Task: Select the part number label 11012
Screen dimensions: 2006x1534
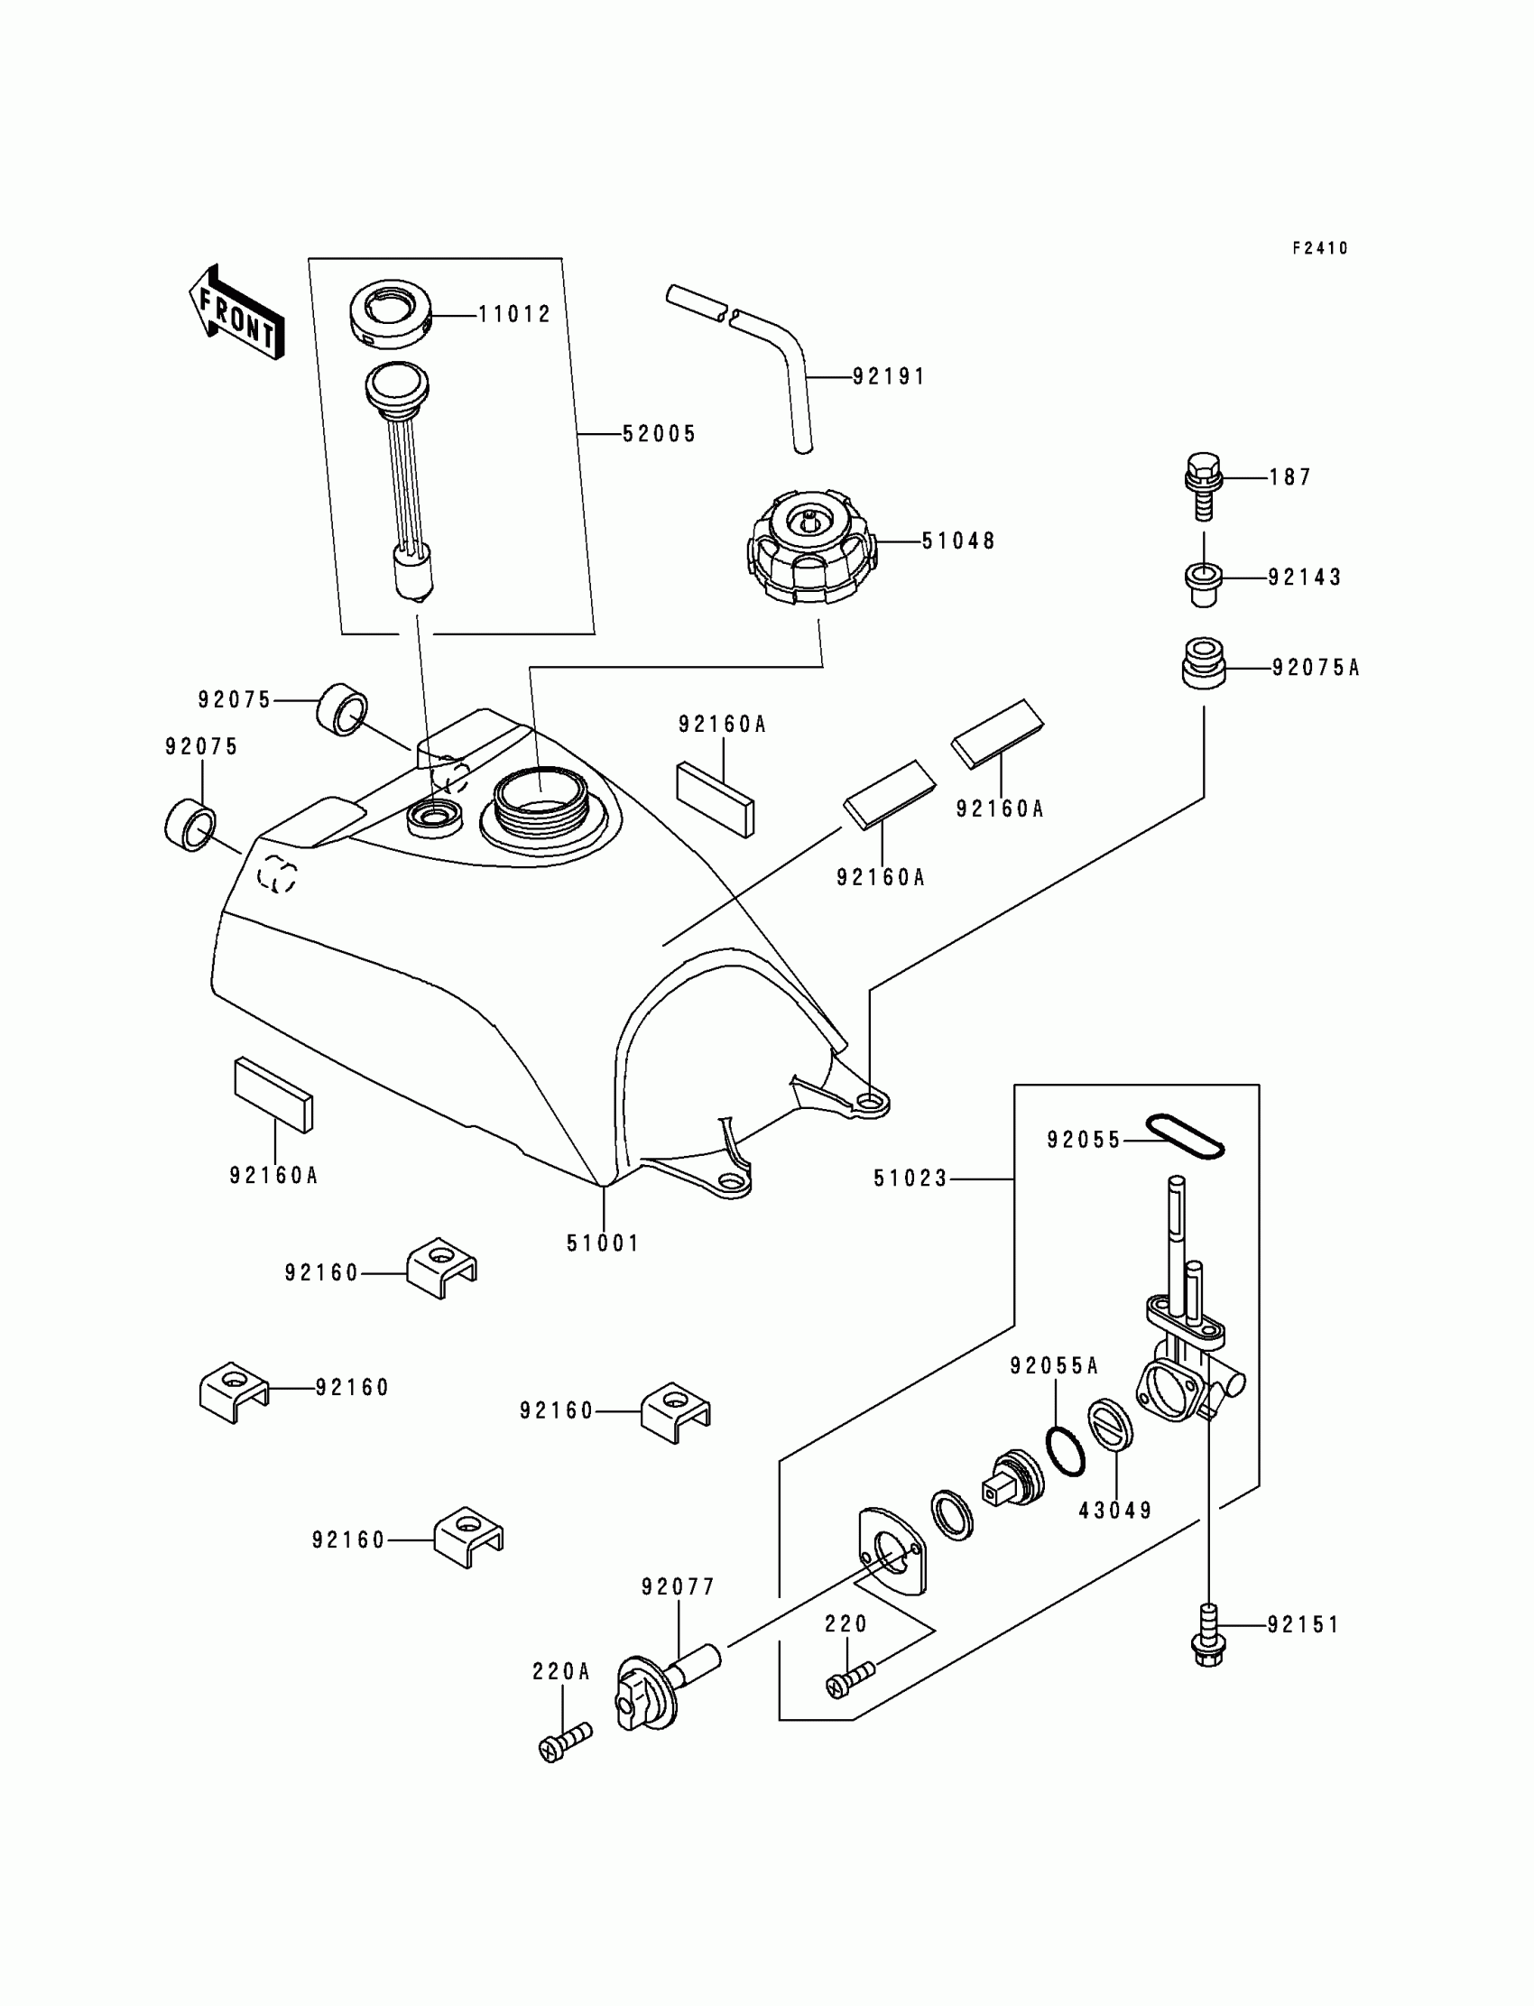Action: point(515,315)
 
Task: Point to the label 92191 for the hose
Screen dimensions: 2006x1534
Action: point(889,377)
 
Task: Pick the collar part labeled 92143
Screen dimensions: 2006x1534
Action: point(1204,582)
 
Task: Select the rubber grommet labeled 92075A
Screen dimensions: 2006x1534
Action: point(1204,663)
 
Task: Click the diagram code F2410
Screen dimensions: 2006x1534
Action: point(1319,248)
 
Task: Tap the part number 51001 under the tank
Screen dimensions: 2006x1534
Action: point(603,1243)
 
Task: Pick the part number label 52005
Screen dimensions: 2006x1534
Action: point(660,435)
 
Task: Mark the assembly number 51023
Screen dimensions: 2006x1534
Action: point(910,1179)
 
